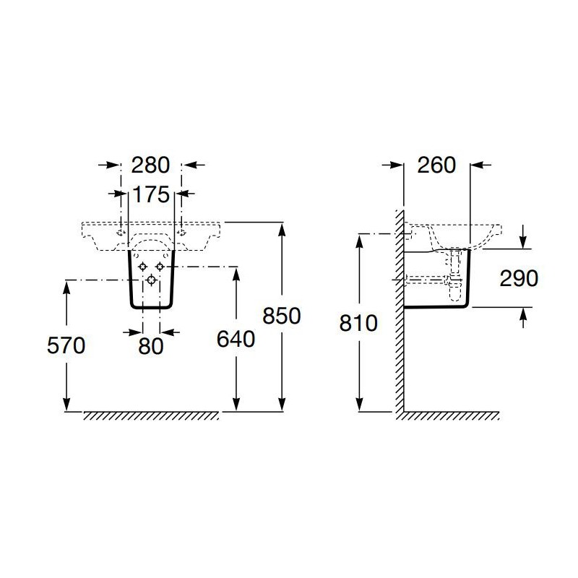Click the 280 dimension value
coord(150,165)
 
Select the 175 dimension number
coord(151,194)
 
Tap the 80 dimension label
coord(151,346)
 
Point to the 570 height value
coord(66,346)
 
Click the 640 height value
coord(236,339)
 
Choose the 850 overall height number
coord(282,316)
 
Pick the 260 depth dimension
coord(436,165)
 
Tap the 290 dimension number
coord(519,278)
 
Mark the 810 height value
coord(358,323)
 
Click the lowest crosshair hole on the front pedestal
coord(151,280)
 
